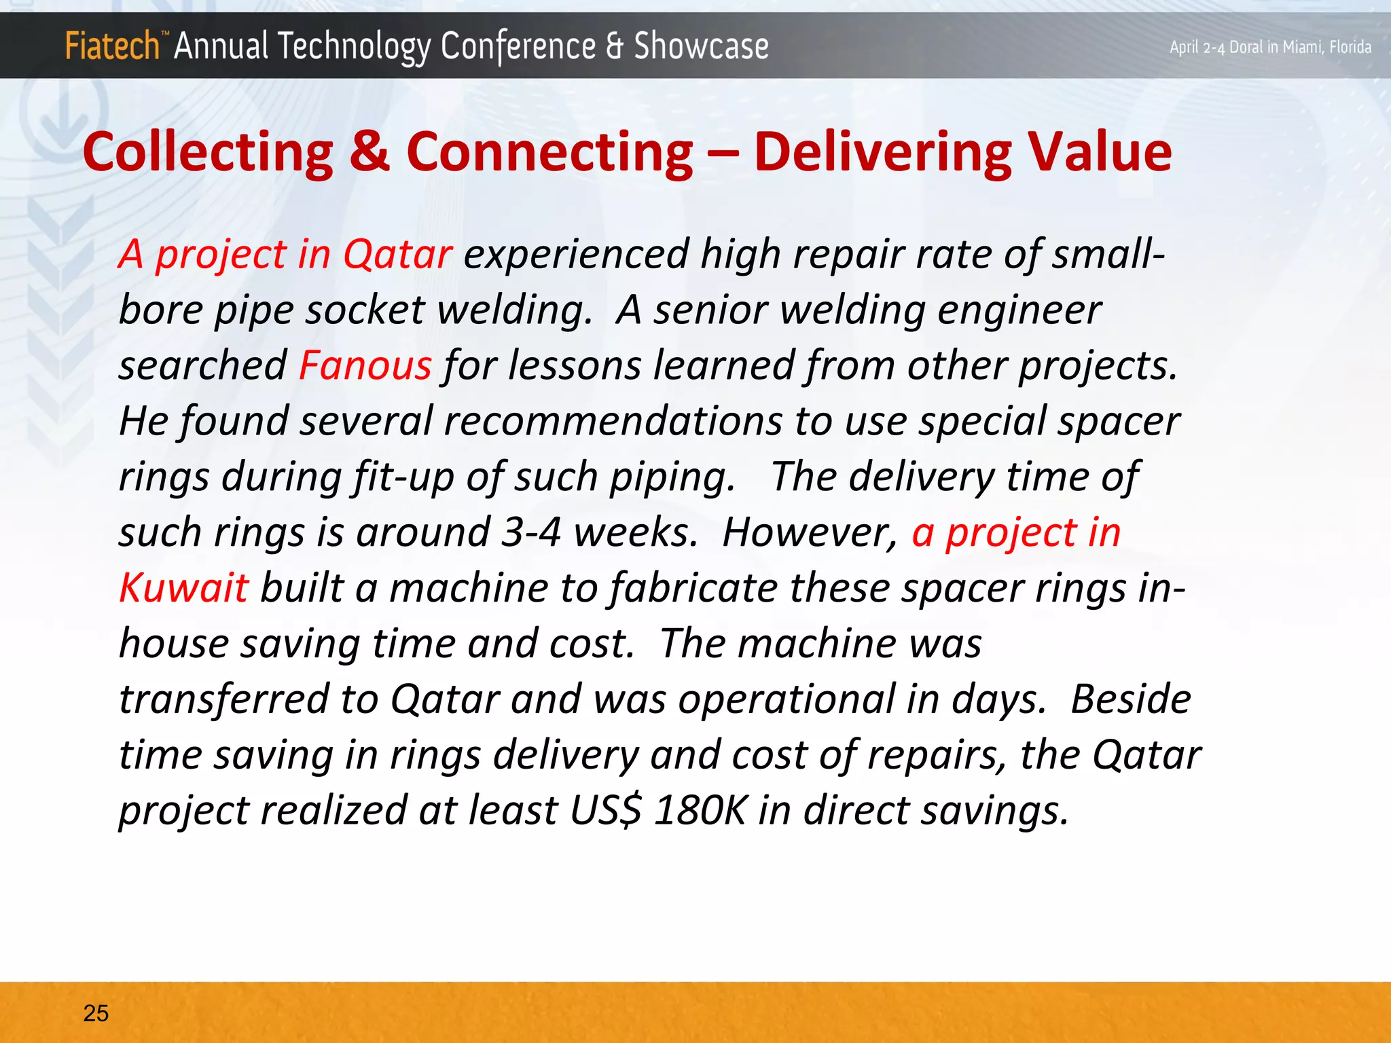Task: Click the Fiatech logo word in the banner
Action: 112,46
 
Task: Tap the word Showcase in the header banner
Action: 701,46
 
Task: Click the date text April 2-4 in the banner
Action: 1197,48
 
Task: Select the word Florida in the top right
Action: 1350,47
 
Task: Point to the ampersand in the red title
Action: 370,151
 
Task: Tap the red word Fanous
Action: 365,365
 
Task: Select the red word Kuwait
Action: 183,587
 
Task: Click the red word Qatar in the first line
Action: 397,255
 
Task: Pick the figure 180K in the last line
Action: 700,810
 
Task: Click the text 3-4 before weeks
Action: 531,532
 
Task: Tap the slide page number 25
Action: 96,1013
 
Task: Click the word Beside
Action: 1130,699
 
